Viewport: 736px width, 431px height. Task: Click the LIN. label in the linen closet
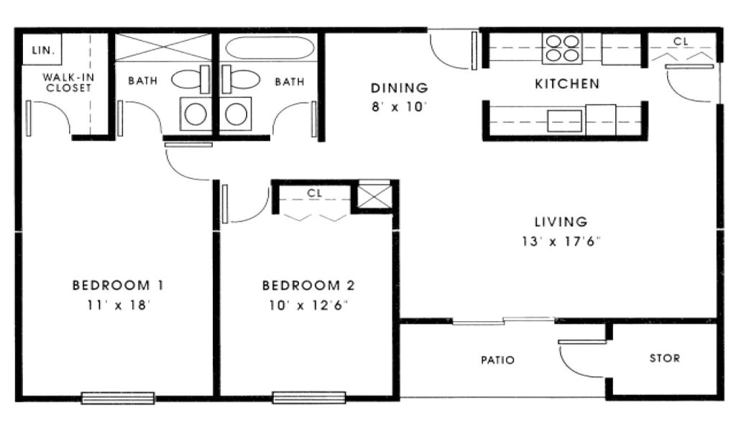[x=43, y=50]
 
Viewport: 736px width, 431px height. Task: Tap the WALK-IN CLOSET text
[x=68, y=82]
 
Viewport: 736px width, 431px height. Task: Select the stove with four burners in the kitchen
[x=562, y=48]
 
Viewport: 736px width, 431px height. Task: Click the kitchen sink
[x=565, y=121]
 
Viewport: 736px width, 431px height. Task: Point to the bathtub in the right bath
[x=270, y=48]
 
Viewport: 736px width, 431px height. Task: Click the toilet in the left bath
[x=190, y=79]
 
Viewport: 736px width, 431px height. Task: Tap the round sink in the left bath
[x=195, y=114]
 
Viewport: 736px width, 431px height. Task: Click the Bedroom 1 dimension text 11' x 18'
[x=119, y=305]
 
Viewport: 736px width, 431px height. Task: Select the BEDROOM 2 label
[x=308, y=285]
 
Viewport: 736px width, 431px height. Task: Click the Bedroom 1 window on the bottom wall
[x=118, y=398]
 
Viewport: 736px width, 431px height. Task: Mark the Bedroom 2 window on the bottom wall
[x=309, y=398]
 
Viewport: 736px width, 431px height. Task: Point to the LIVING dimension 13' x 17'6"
[x=561, y=241]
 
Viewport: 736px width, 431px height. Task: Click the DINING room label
[x=400, y=88]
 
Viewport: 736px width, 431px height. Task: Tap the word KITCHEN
[x=567, y=84]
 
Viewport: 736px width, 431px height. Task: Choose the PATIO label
[x=497, y=360]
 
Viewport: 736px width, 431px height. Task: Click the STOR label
[x=664, y=358]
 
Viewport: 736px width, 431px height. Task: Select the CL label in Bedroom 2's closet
[x=314, y=193]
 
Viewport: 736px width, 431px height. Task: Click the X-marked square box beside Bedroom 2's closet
[x=374, y=196]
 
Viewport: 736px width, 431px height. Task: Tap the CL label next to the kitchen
[x=681, y=41]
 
